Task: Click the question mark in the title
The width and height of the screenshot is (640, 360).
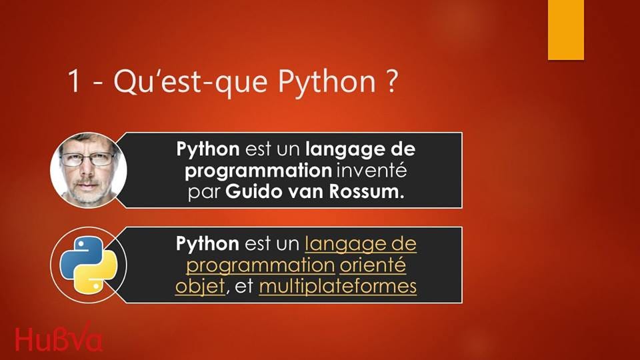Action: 391,82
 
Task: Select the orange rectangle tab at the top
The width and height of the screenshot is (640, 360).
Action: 565,30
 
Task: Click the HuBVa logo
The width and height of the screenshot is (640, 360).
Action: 59,339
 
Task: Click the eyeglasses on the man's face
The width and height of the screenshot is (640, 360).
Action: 87,159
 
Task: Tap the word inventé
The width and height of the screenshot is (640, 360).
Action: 371,171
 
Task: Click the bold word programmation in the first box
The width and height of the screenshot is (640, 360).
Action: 257,171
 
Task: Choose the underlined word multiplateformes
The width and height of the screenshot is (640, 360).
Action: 337,287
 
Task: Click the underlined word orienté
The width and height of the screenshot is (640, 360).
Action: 373,265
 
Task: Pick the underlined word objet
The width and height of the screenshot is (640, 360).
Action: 199,287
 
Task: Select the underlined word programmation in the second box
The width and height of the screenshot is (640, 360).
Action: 259,265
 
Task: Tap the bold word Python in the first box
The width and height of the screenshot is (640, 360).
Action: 207,148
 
